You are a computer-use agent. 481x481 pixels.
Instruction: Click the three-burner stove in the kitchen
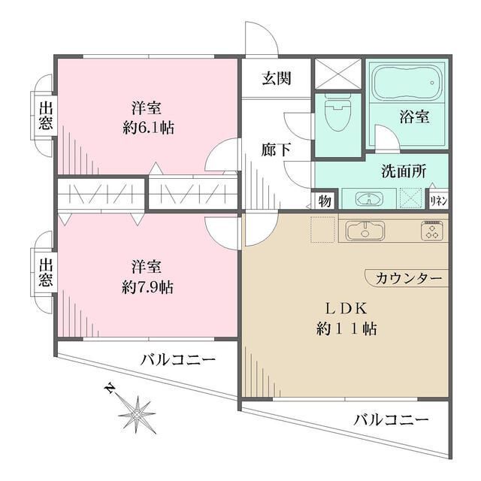(x=433, y=230)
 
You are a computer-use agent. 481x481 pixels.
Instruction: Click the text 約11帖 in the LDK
(x=346, y=328)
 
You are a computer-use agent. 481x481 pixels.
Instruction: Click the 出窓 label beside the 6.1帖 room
(x=46, y=115)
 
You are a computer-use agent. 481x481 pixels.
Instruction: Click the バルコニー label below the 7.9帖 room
(x=178, y=361)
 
